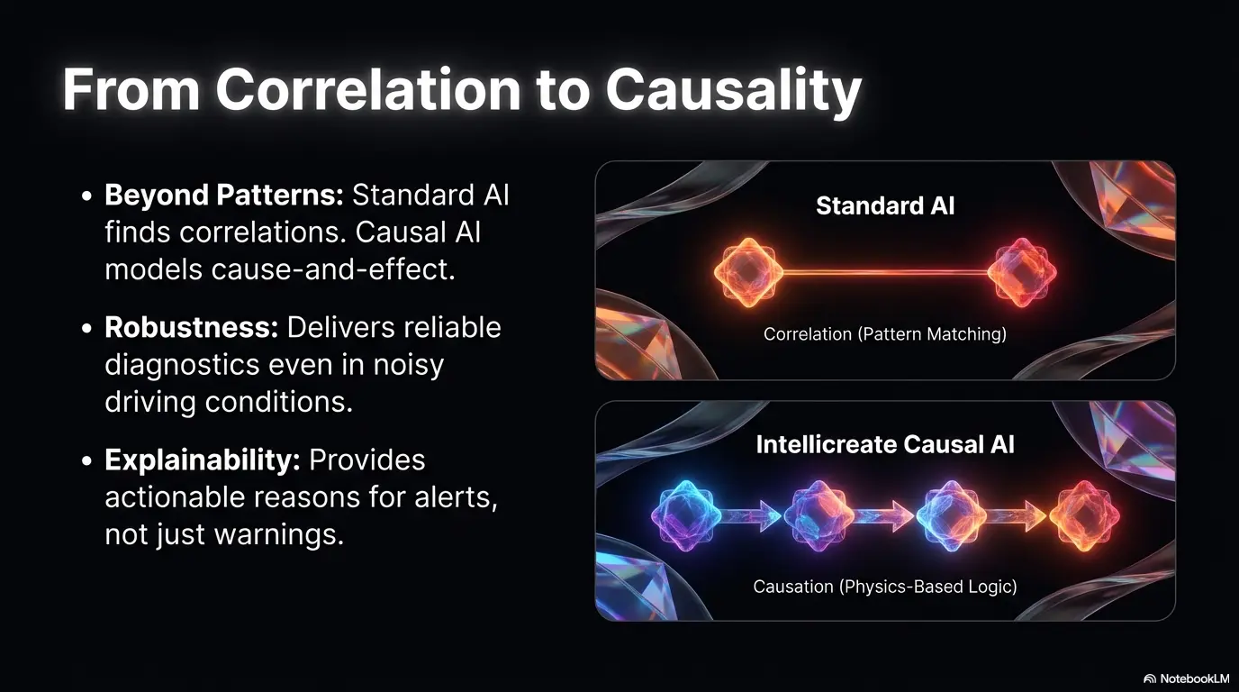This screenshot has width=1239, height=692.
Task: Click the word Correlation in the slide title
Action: [x=367, y=89]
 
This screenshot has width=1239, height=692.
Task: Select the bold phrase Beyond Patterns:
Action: [x=224, y=195]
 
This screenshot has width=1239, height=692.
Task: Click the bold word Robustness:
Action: [x=192, y=327]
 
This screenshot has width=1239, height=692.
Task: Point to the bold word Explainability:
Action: [x=203, y=460]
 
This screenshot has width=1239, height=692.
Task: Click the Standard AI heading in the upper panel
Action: [x=885, y=206]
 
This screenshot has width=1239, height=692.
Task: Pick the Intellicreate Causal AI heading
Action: [x=885, y=444]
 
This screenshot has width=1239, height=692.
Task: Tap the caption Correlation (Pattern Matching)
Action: [x=885, y=334]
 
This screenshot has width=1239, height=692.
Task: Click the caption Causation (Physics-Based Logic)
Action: [x=885, y=587]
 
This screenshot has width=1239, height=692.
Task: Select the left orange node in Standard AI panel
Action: [x=748, y=272]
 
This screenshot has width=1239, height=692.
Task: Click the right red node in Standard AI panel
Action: [x=1022, y=272]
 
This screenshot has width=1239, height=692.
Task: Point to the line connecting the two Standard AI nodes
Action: [x=885, y=272]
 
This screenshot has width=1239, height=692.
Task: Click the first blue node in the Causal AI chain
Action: [x=686, y=516]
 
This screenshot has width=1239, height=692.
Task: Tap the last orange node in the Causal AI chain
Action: [x=1084, y=516]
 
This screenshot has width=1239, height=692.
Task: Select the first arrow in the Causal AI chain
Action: [x=751, y=516]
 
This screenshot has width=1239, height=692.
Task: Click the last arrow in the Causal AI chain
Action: [x=1016, y=516]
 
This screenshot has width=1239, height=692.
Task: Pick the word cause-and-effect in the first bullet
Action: [x=333, y=270]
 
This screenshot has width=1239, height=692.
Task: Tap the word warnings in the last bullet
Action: [x=279, y=535]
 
